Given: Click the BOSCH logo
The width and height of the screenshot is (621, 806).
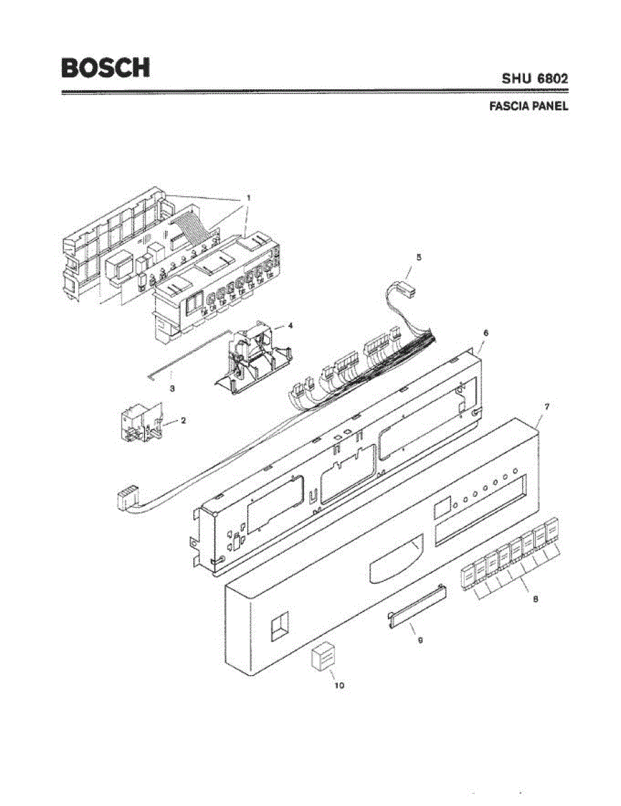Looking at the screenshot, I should coord(105,67).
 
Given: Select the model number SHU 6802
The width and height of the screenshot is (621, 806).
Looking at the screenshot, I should coord(535,79).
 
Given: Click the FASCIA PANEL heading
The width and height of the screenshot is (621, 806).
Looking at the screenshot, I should coord(530,106).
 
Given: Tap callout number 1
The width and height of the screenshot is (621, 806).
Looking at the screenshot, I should coord(248,198).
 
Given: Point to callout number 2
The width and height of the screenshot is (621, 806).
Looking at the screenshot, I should coord(183,420).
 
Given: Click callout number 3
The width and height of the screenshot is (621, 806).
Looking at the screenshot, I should coord(173,388).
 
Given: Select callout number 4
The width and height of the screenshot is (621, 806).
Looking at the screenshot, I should coord(290,325).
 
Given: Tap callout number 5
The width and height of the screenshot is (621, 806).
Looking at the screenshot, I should coord(418,257).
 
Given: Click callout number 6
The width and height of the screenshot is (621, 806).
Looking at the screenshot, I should coord(486,332).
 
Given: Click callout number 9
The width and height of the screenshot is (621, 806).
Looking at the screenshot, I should coord(420,640).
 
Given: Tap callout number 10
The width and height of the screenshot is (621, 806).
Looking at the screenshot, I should coord(339,685).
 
